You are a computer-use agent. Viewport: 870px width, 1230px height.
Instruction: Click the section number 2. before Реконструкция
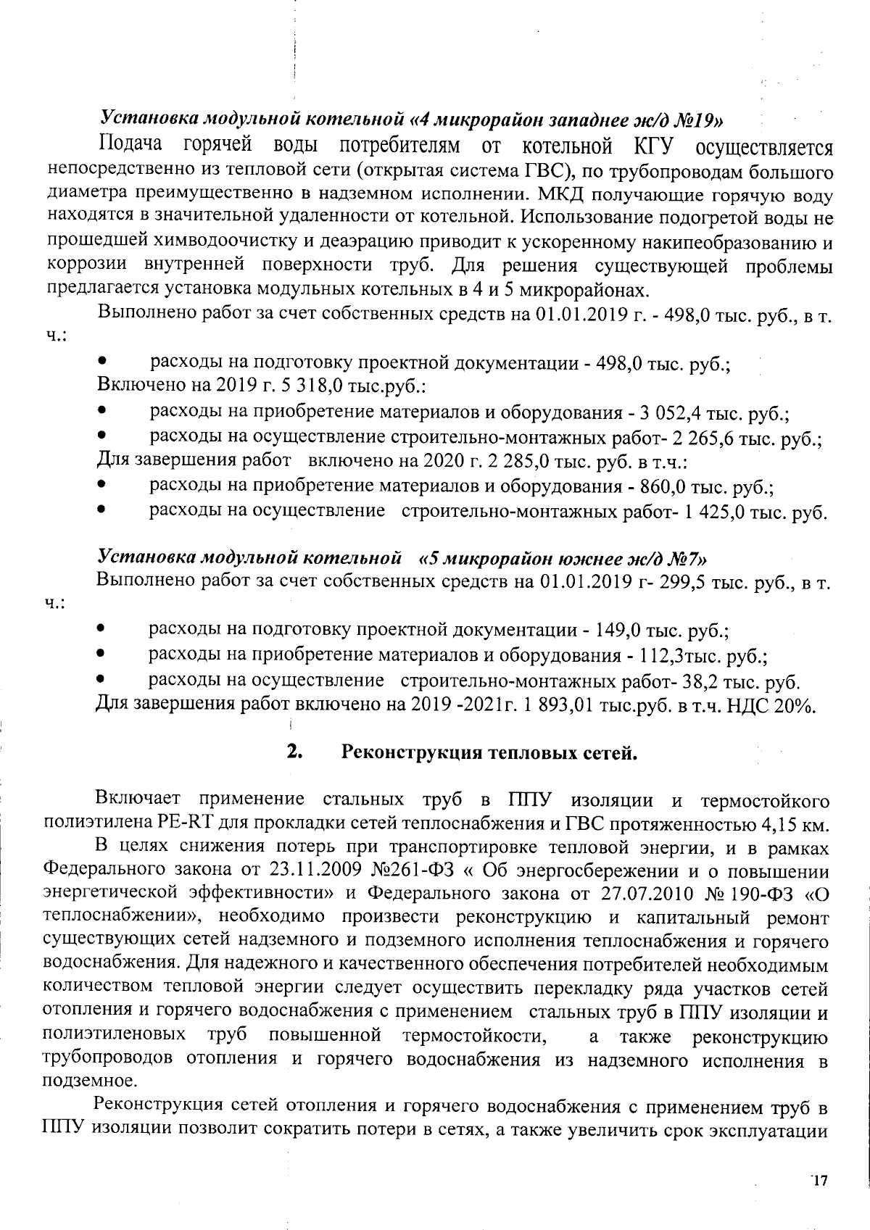294,752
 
